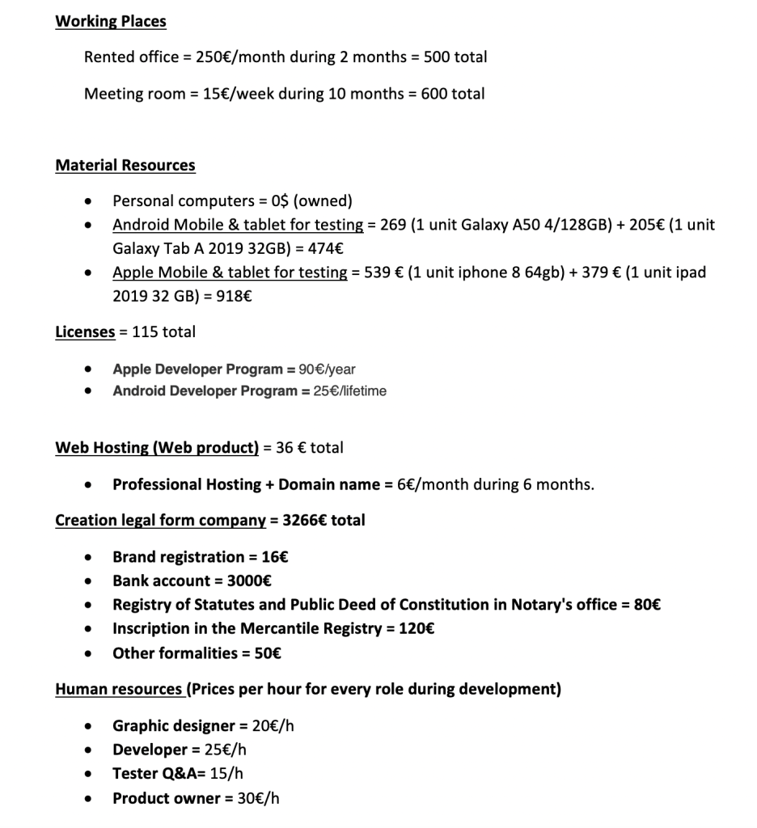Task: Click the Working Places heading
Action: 111,22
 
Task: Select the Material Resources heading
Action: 125,166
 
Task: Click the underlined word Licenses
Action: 85,332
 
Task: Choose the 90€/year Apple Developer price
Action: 327,370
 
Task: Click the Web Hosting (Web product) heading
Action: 157,447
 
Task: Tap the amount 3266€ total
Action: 324,520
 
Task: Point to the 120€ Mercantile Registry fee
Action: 417,628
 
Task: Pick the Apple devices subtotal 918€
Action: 235,296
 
